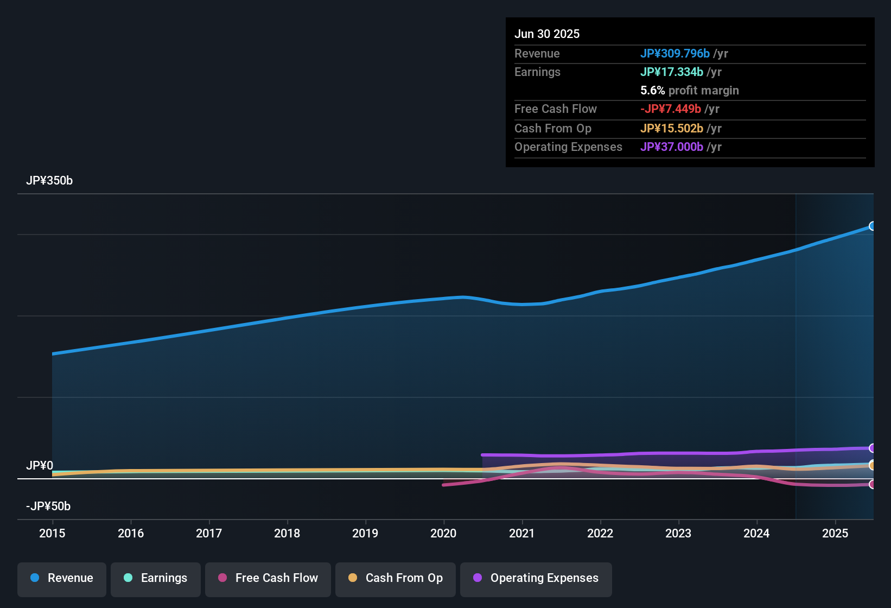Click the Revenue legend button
[62, 578]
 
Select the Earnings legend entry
[156, 578]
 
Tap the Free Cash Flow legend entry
[268, 578]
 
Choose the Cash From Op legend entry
[396, 578]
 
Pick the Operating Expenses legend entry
[536, 578]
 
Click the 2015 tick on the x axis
[52, 533]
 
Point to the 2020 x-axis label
[443, 533]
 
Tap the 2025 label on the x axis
[835, 533]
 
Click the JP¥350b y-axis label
[49, 181]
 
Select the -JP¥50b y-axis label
[48, 506]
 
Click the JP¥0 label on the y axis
[40, 466]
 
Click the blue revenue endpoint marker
[872, 226]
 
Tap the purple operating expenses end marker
[872, 448]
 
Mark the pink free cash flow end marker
[872, 484]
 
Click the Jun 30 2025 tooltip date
[547, 34]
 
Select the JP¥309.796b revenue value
[674, 53]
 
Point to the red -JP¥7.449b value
[671, 109]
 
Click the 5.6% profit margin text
[689, 90]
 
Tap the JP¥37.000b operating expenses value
[671, 147]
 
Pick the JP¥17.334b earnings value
[671, 72]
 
